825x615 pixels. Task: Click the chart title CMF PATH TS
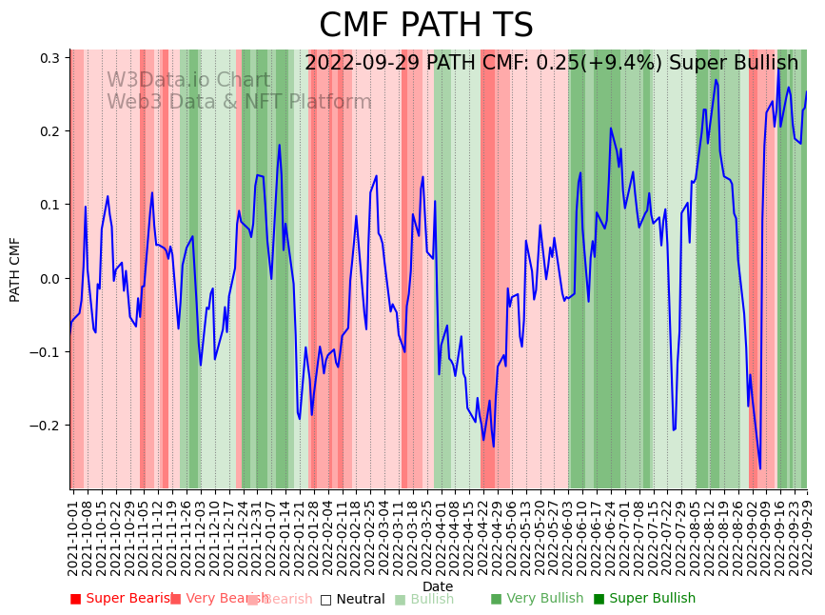click(x=425, y=26)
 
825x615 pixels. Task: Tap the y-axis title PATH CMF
click(x=15, y=269)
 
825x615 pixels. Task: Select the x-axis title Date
click(x=438, y=586)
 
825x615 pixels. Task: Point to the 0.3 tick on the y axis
click(x=50, y=58)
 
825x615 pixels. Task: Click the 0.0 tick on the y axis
click(x=50, y=279)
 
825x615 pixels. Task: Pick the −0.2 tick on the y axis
click(x=47, y=426)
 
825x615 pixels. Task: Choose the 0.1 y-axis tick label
click(x=50, y=205)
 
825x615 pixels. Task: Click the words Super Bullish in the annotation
click(x=734, y=64)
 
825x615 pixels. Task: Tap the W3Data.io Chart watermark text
click(x=187, y=81)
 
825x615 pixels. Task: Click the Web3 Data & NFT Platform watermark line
click(x=239, y=102)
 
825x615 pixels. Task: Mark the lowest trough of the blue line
click(x=759, y=468)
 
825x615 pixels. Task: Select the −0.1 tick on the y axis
click(x=47, y=352)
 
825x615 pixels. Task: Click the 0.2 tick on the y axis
click(x=50, y=131)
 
